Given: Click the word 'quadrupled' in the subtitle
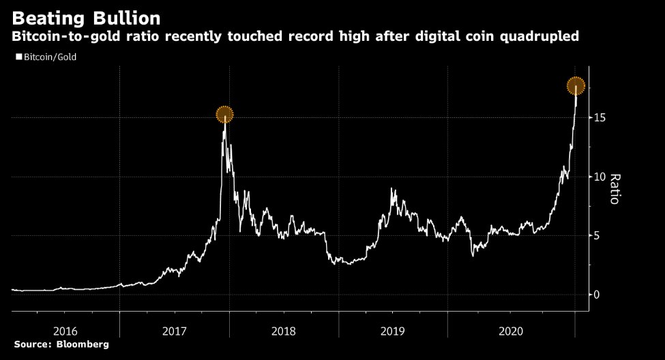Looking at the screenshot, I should click(x=540, y=36).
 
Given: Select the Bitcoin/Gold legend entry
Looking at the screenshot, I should click(x=49, y=58).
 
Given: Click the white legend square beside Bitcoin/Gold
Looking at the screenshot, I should click(x=18, y=58).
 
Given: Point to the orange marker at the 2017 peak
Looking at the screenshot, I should click(x=225, y=115).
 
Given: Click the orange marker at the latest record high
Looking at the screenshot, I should click(x=576, y=85).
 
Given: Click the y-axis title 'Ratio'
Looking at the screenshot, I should click(x=615, y=189).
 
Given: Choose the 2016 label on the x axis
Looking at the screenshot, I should click(x=65, y=331).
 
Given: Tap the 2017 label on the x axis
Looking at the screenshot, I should click(x=175, y=331).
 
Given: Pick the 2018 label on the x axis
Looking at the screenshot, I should click(x=284, y=331).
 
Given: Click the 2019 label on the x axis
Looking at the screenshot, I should click(x=394, y=331).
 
